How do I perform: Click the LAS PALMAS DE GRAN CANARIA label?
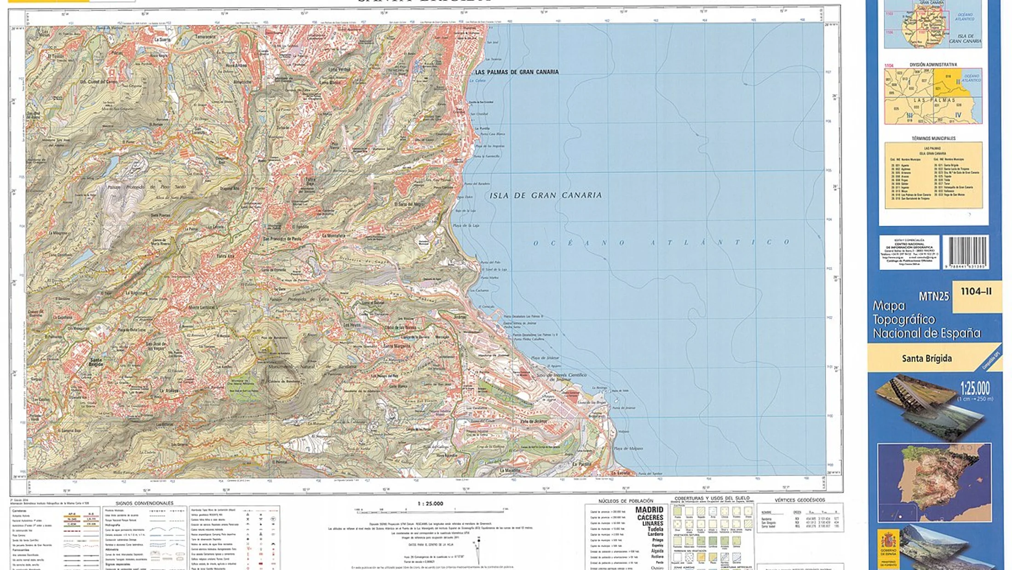(517, 72)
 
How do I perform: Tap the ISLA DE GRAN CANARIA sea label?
(546, 195)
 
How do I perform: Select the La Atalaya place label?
(168, 390)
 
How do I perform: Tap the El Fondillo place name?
(300, 227)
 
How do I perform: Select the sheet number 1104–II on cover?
(976, 291)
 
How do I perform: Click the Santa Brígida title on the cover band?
(926, 358)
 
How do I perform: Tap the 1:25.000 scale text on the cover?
(975, 388)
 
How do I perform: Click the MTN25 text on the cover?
(933, 297)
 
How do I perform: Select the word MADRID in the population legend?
(649, 510)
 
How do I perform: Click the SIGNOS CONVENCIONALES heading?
(144, 503)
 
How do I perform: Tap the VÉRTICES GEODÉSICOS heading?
(799, 500)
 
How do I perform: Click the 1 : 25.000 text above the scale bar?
(430, 503)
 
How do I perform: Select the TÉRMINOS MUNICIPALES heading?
(933, 138)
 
